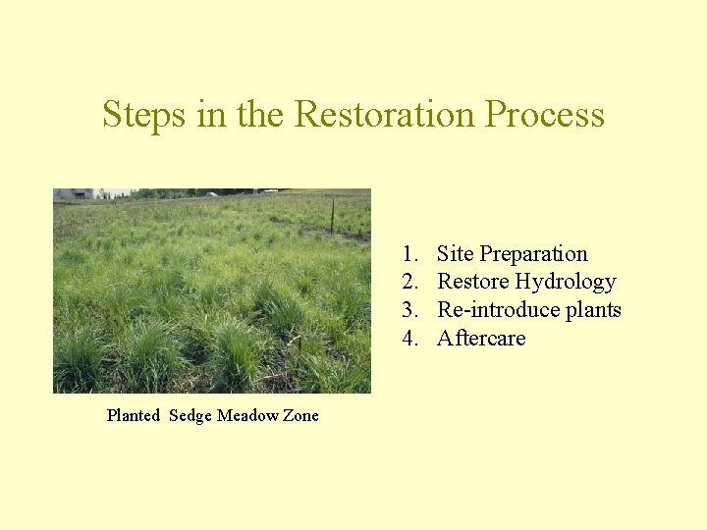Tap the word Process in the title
pyautogui.click(x=544, y=115)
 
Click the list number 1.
pyautogui.click(x=409, y=254)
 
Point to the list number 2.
pyautogui.click(x=409, y=283)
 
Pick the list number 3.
pyautogui.click(x=409, y=310)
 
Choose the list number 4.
pyautogui.click(x=409, y=339)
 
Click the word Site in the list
pyautogui.click(x=455, y=254)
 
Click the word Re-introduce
pyautogui.click(x=500, y=310)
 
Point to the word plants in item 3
pyautogui.click(x=595, y=311)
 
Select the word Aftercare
pyautogui.click(x=481, y=339)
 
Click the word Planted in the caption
pyautogui.click(x=133, y=415)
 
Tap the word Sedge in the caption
pyautogui.click(x=190, y=416)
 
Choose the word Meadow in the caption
pyautogui.click(x=247, y=415)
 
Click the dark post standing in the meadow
pyautogui.click(x=333, y=216)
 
